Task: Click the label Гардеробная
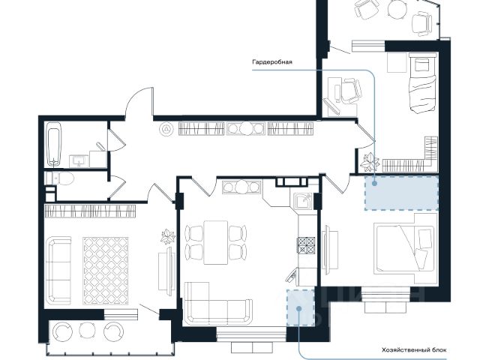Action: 272,62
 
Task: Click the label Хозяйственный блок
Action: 414,350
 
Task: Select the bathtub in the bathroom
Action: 54,144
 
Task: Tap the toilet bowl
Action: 62,178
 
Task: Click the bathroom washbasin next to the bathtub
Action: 79,161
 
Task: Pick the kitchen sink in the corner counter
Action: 303,202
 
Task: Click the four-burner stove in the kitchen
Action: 306,245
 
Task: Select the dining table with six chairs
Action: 216,242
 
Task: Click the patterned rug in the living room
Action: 106,271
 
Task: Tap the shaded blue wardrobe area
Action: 401,193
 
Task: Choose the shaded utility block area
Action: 301,307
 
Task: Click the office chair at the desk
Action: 352,91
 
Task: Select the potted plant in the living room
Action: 168,236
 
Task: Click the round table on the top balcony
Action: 397,8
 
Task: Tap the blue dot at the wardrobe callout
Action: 373,183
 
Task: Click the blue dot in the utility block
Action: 299,308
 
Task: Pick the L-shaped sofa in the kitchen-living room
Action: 218,304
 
